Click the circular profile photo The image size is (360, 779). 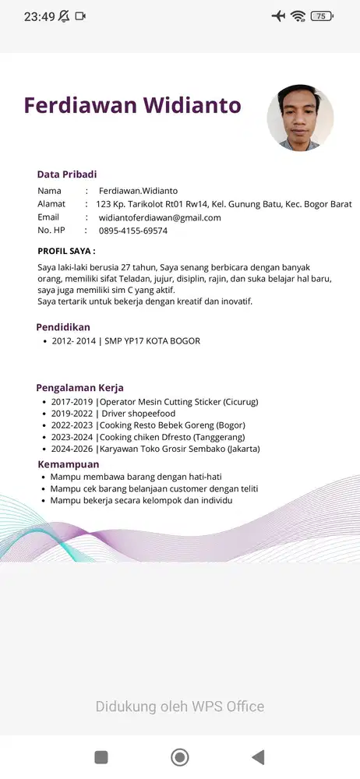click(300, 118)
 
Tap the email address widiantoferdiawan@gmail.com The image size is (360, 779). click(160, 217)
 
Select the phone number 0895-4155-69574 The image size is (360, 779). click(132, 231)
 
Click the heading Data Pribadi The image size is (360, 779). click(67, 174)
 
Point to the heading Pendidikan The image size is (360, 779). click(63, 327)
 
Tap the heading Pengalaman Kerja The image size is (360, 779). click(79, 388)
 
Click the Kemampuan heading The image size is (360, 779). click(69, 464)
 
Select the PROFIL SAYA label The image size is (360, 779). click(66, 251)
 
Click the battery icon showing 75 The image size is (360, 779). click(320, 16)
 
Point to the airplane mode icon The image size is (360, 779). click(278, 16)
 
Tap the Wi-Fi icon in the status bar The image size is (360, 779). click(298, 16)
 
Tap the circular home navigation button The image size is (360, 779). click(180, 756)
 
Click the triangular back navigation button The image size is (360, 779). click(258, 756)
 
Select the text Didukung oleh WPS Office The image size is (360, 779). click(180, 707)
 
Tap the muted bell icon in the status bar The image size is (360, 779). click(63, 16)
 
